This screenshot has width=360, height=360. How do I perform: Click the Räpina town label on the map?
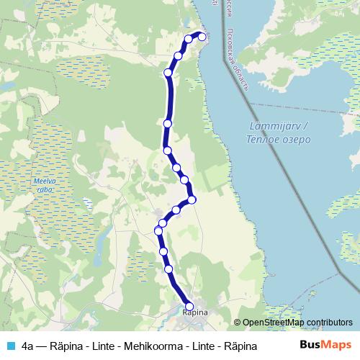point(195,312)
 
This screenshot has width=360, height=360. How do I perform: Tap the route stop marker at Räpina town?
point(190,306)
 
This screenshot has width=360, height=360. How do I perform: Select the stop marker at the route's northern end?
point(202,37)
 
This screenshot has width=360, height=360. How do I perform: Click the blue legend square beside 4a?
point(9,346)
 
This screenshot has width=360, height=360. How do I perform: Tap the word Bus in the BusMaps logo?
point(311,345)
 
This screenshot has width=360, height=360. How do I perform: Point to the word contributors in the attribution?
point(328,323)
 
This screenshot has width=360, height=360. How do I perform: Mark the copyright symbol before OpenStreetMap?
point(238,323)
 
